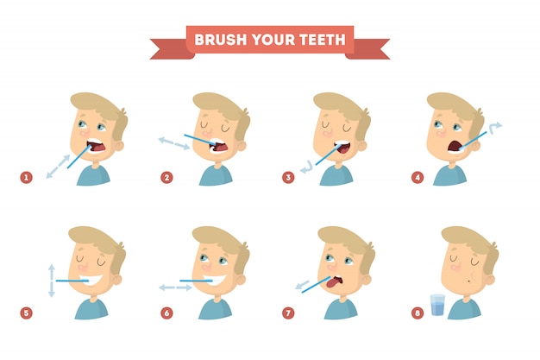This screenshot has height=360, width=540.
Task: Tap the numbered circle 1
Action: point(27,177)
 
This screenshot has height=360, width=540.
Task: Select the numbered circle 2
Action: point(166,177)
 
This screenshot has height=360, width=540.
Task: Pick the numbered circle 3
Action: point(290,177)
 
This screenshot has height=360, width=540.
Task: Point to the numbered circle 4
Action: point(418,177)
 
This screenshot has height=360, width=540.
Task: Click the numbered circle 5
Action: point(27,312)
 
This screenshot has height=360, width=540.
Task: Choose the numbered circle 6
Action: point(166,312)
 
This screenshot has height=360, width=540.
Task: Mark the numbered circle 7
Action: point(290,312)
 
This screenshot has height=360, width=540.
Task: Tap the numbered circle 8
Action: point(418,312)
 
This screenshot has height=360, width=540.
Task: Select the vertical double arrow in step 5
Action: point(52,281)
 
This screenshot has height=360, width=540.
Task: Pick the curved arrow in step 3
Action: point(304,165)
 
